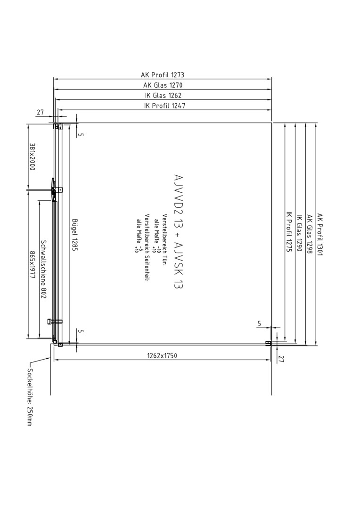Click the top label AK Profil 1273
click(x=162, y=75)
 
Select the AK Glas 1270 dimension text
click(x=163, y=85)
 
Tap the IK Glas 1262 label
click(x=163, y=95)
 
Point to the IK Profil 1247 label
click(x=164, y=106)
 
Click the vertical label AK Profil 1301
click(x=320, y=234)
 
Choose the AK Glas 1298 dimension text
click(x=310, y=234)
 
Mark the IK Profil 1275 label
click(x=289, y=232)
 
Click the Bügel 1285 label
click(x=74, y=236)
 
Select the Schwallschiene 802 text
click(x=43, y=269)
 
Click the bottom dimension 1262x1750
click(x=162, y=355)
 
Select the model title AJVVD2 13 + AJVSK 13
click(x=178, y=231)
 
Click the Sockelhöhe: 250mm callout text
click(x=29, y=397)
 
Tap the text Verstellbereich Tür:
click(x=164, y=240)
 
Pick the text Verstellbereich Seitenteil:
click(x=147, y=248)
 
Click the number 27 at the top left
click(x=40, y=113)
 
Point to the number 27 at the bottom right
click(x=281, y=359)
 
